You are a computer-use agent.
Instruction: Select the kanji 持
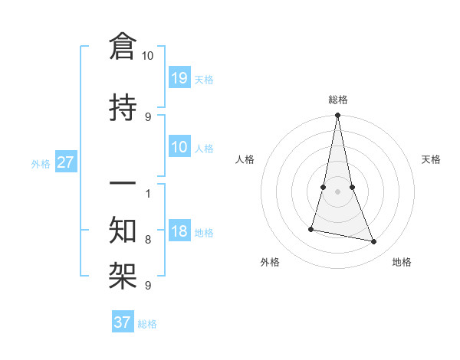123,108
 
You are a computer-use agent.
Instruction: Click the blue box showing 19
179,78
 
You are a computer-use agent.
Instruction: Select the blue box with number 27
66,163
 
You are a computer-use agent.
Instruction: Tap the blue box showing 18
179,232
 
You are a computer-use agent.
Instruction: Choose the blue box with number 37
123,322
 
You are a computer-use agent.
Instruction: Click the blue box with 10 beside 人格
179,148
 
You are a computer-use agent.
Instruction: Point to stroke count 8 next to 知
148,240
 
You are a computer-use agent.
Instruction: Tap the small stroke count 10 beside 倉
148,56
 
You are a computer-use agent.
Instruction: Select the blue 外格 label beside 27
41,164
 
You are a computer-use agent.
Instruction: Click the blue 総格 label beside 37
147,324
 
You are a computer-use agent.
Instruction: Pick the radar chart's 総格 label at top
338,100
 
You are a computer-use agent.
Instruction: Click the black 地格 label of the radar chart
402,262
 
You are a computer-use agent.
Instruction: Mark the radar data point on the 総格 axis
337,116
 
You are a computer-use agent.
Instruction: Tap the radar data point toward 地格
374,242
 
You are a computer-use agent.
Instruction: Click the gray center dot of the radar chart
337,191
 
